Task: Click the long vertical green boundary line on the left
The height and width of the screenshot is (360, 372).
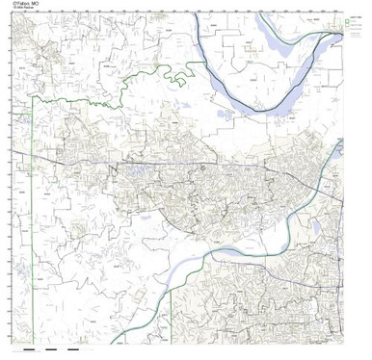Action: pos(35,212)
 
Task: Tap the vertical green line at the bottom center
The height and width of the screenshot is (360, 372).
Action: pos(172,308)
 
